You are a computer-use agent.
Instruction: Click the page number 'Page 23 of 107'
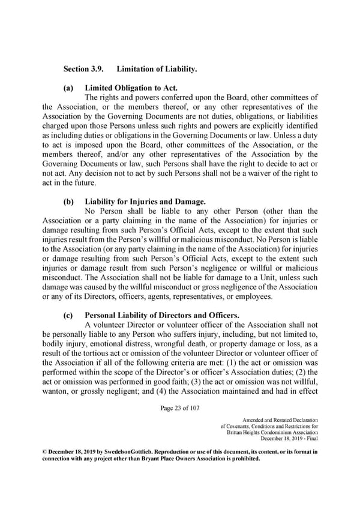180,409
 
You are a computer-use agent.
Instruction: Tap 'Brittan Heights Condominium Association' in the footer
273,433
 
